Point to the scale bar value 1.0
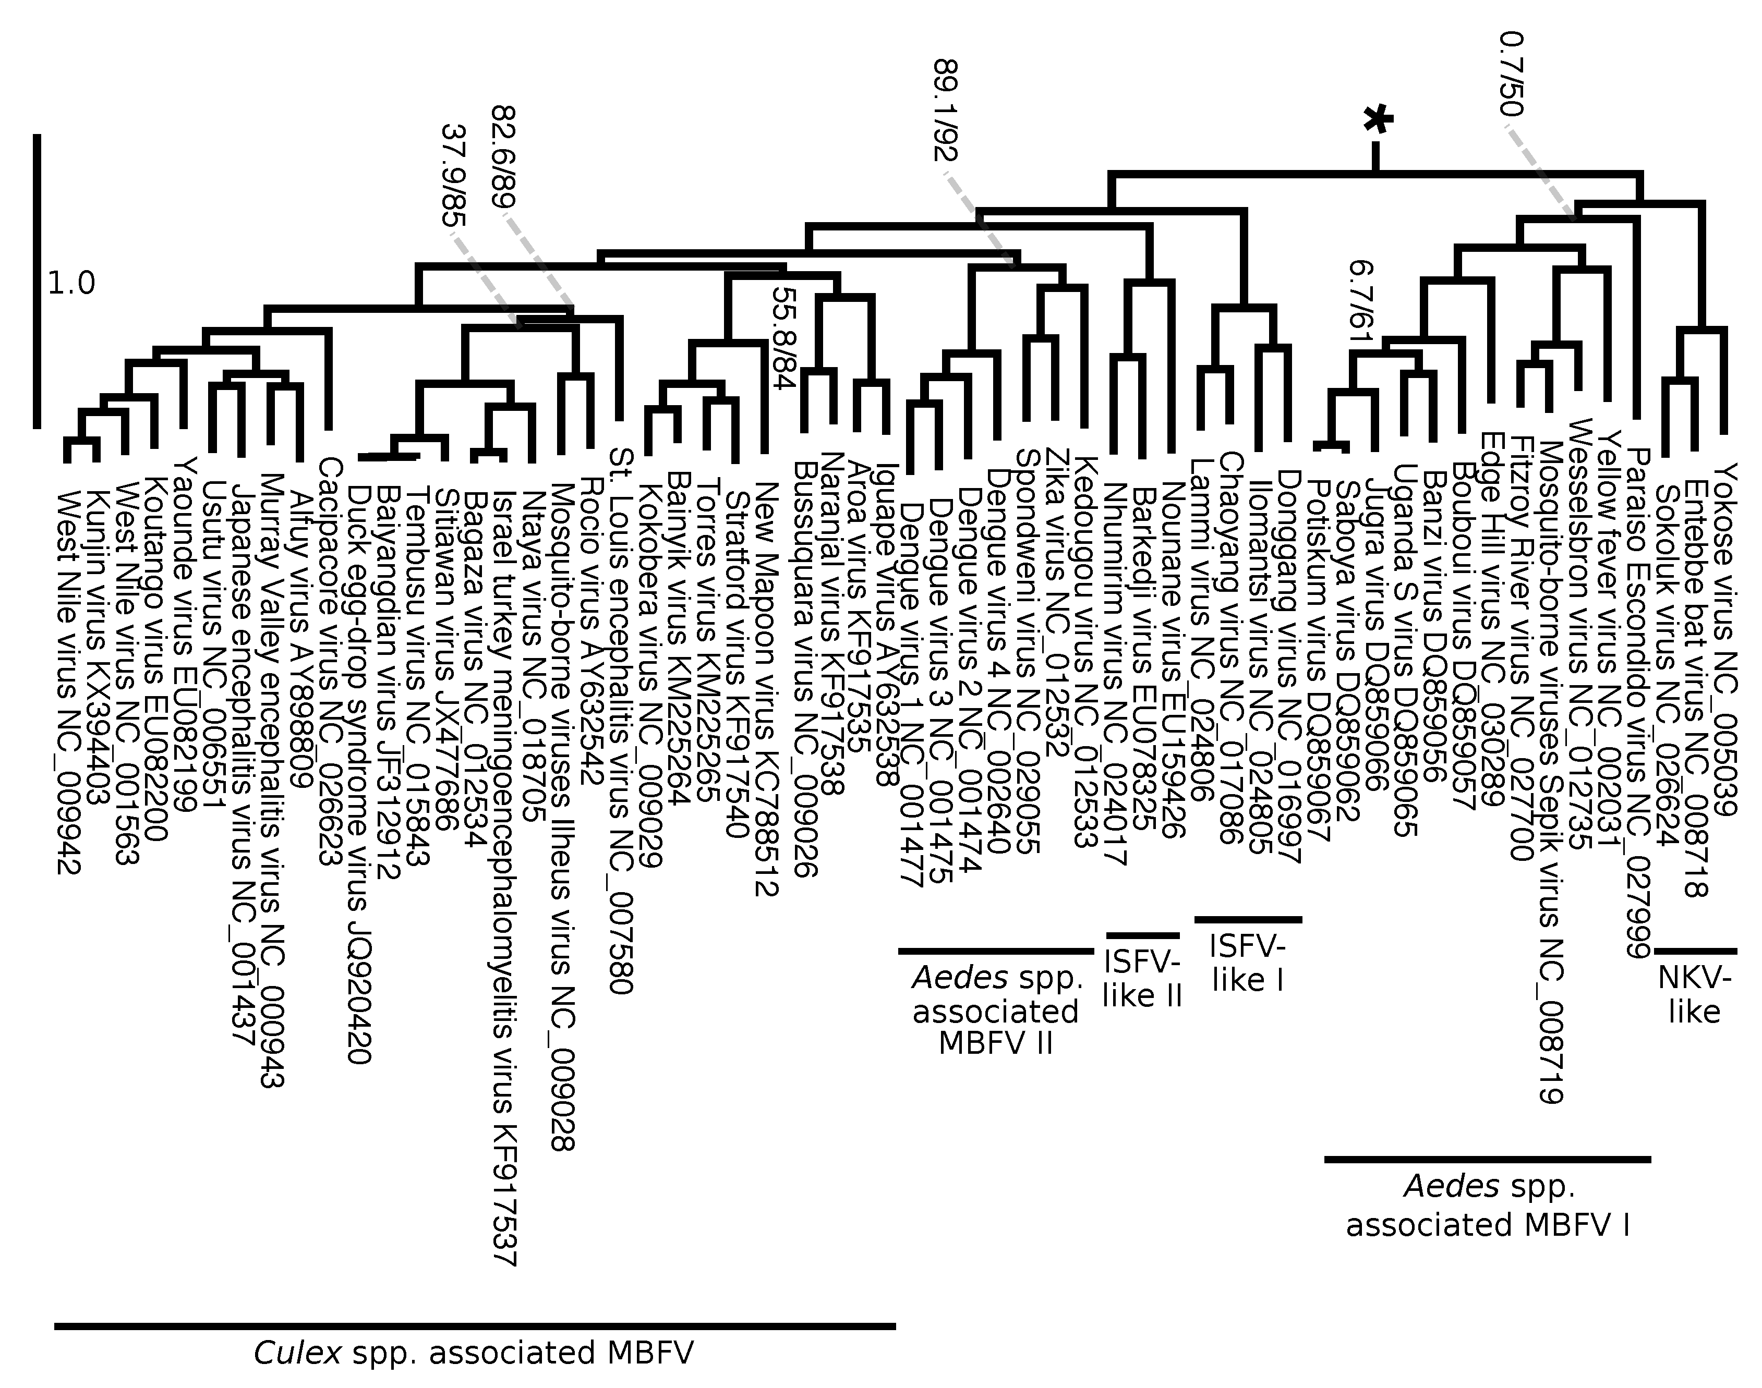(x=71, y=284)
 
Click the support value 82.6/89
(x=505, y=157)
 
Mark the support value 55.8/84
(x=782, y=337)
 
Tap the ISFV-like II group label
(x=1142, y=979)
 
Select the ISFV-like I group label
(x=1248, y=963)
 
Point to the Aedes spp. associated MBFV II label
(x=996, y=1011)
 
